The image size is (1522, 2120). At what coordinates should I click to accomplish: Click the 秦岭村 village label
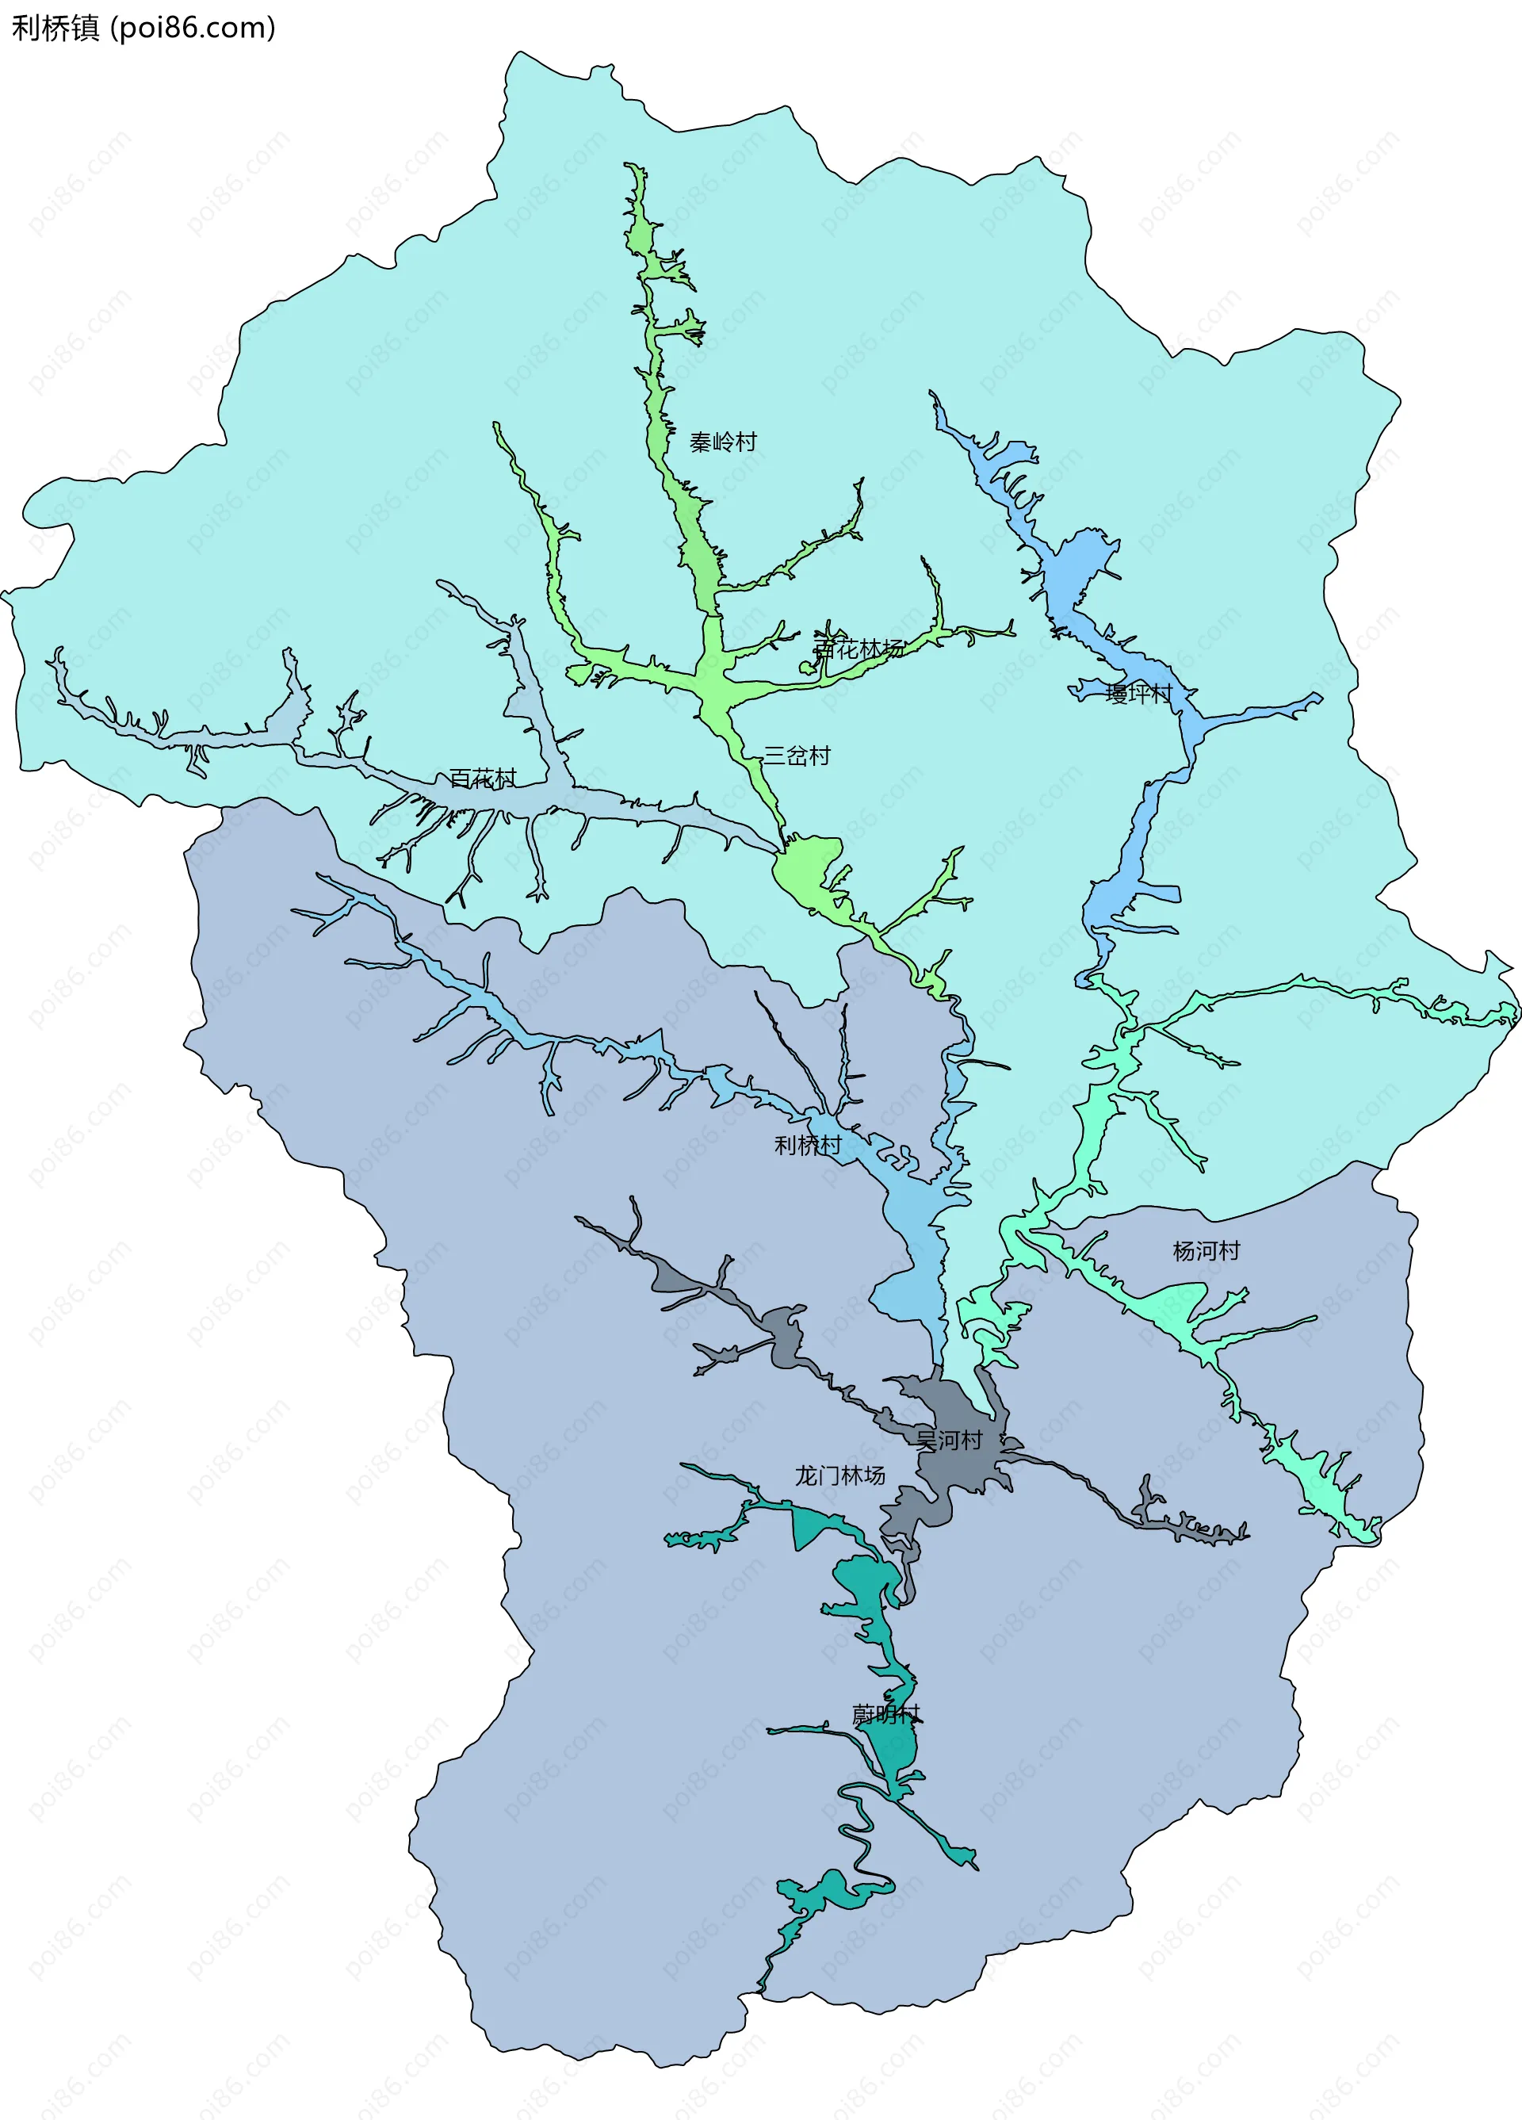point(723,442)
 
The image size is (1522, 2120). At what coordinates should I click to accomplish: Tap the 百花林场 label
point(859,649)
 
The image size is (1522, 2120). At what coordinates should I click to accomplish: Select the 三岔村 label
point(797,756)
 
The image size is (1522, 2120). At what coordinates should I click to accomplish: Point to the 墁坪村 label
point(1138,694)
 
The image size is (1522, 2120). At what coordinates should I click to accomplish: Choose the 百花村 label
point(483,779)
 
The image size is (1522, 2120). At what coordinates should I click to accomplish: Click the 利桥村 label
point(808,1145)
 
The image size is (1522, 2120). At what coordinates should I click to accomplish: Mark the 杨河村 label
point(1206,1251)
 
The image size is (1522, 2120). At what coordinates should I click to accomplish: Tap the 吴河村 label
point(948,1441)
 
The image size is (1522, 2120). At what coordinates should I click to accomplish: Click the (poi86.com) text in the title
point(193,28)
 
